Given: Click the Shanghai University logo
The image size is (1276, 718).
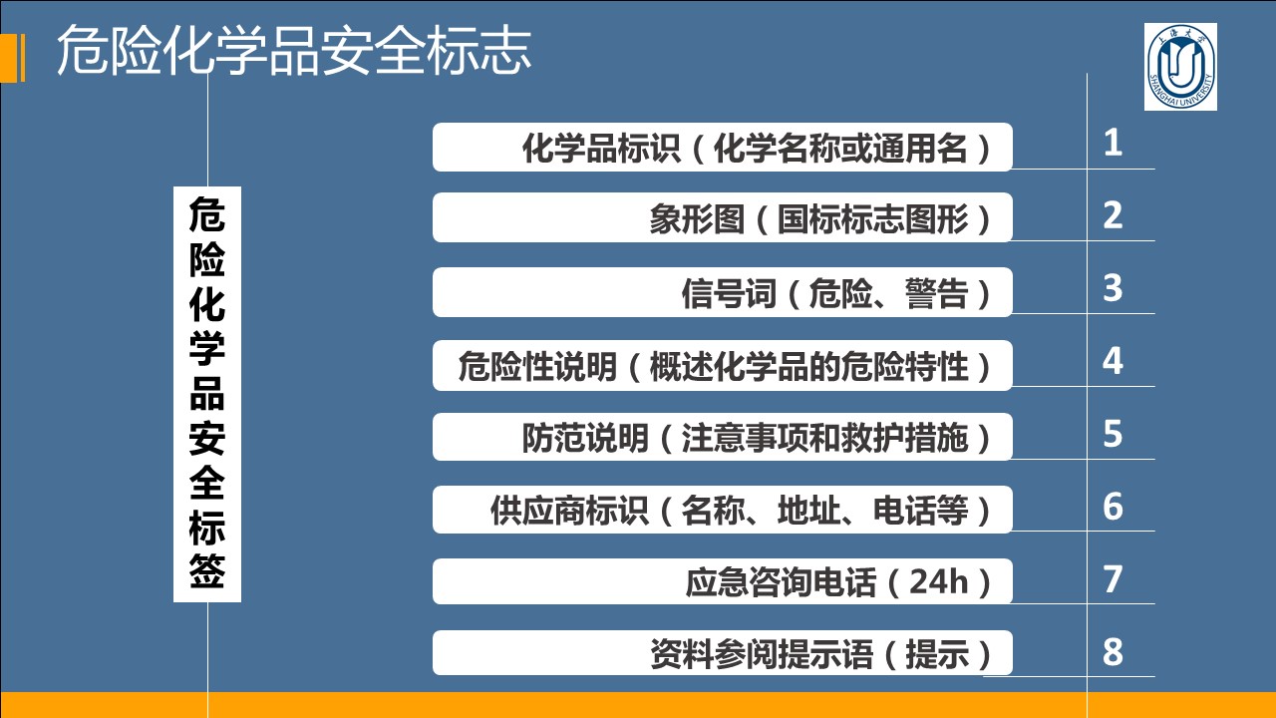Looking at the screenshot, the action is pos(1180,67).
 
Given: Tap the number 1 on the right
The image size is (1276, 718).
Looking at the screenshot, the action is pos(1113,143).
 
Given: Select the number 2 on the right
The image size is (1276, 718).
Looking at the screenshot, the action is pos(1113,215).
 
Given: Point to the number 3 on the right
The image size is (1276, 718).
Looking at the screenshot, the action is pos(1113,288).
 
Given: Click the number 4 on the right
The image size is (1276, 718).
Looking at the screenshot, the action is pos(1113,361).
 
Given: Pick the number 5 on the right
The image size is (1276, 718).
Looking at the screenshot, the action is pos(1113,434).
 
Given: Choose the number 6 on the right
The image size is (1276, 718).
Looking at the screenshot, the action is pos(1113,506).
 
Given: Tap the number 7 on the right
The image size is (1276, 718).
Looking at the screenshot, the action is pos(1113,579).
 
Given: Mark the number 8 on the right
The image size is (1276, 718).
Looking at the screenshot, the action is pos(1113,652).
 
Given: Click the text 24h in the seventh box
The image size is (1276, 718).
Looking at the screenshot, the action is pos(938,581).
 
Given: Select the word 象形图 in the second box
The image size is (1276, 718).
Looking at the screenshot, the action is pos(697,219).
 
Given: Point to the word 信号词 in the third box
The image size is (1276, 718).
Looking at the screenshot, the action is pos(729,293).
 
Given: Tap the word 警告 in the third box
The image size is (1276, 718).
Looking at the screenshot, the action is pos(936,293).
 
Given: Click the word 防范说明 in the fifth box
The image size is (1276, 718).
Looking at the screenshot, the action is pos(585,438).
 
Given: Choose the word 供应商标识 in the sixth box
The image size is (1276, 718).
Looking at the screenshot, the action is pos(569,510).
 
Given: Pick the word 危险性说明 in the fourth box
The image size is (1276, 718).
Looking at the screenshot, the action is pos(537,366).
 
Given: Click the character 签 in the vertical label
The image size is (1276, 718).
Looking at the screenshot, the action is pos(206,570).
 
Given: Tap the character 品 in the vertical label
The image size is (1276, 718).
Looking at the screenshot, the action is pos(206,393).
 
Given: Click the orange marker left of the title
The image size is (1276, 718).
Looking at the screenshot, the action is pos(13,58).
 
